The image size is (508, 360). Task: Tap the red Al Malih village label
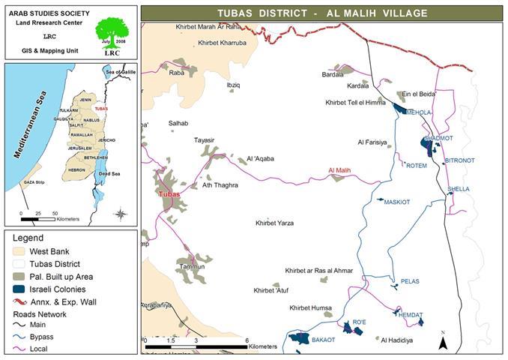pyautogui.click(x=339, y=172)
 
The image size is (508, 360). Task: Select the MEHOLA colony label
pyautogui.click(x=419, y=112)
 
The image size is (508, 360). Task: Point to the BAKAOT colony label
pyautogui.click(x=323, y=340)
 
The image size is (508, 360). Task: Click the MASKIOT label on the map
pyautogui.click(x=397, y=202)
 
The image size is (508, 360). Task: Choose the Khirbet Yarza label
pyautogui.click(x=274, y=223)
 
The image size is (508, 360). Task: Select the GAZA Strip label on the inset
pyautogui.click(x=34, y=182)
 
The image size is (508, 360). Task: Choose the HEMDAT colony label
pyautogui.click(x=411, y=314)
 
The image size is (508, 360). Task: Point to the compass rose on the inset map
pyautogui.click(x=120, y=214)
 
